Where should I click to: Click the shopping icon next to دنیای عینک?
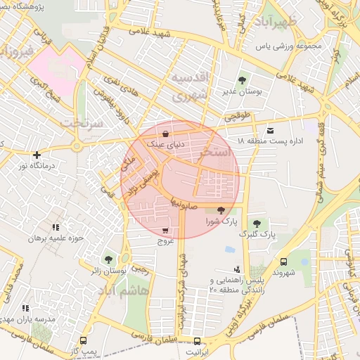click(165, 134)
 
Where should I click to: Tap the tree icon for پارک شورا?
click(221, 210)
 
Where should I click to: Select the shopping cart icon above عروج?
click(165, 231)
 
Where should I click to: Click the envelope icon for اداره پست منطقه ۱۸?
click(271, 131)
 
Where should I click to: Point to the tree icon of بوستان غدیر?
click(243, 80)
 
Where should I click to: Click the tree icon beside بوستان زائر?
click(108, 259)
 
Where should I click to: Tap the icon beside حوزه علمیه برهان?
click(56, 227)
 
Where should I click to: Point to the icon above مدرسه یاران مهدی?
click(26, 308)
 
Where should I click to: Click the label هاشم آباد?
click(125, 291)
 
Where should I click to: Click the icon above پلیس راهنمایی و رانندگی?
click(237, 269)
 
